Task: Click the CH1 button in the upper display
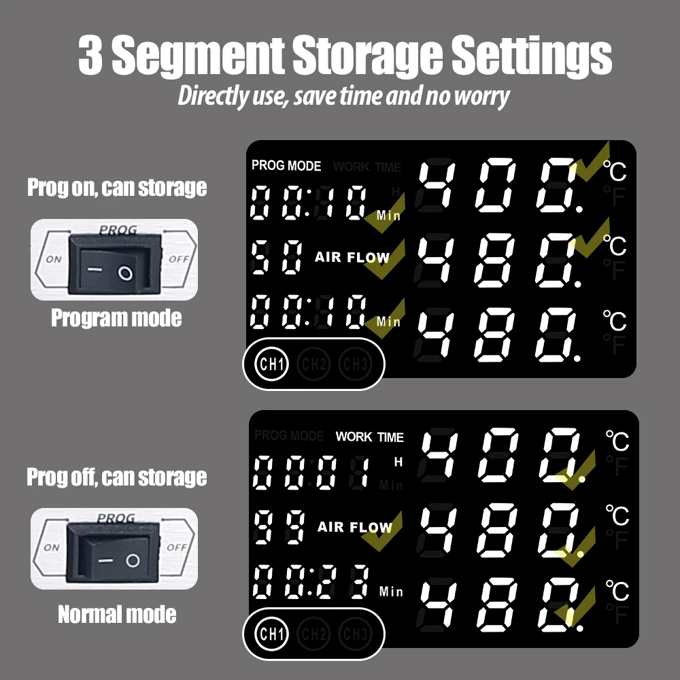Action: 272,364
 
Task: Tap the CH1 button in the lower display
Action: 272,634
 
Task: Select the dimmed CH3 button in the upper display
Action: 355,364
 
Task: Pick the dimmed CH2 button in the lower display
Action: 313,634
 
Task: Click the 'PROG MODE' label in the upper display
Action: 286,165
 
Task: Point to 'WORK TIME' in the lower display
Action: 369,437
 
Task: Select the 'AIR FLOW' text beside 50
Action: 352,258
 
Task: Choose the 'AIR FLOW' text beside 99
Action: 354,527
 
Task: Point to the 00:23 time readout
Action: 311,582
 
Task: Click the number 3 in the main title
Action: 90,56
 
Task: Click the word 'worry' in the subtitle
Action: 483,96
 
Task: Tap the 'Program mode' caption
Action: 116,318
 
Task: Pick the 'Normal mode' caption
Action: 116,615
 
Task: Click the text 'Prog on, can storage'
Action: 117,188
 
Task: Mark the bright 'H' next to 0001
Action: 398,462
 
